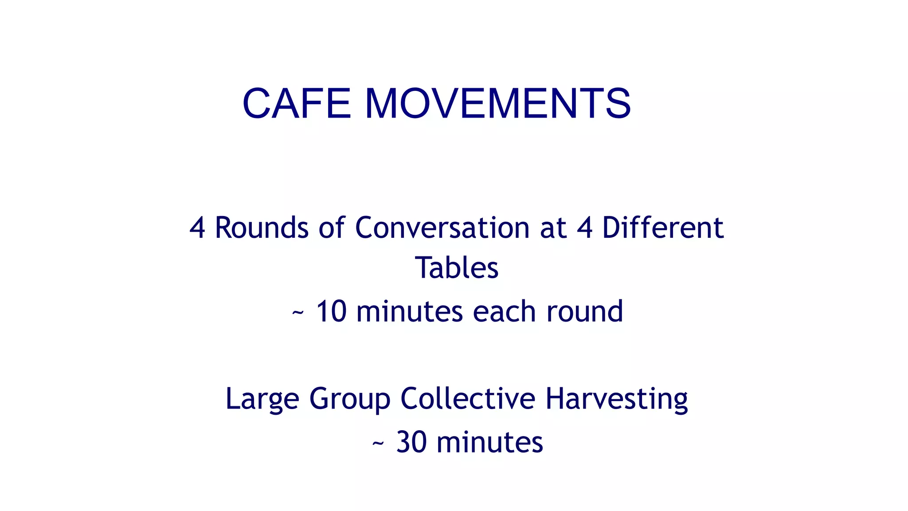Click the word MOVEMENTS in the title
tap(497, 103)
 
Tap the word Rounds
tap(262, 228)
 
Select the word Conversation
tap(442, 228)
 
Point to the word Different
tap(662, 228)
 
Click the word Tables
tap(457, 268)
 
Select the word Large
tap(262, 398)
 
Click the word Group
tap(350, 398)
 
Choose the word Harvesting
tap(616, 398)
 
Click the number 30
tap(411, 442)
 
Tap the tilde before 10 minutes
tap(298, 313)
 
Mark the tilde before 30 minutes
tap(378, 444)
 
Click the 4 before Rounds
tap(197, 228)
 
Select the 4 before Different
tap(585, 228)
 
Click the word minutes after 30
tap(489, 442)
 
